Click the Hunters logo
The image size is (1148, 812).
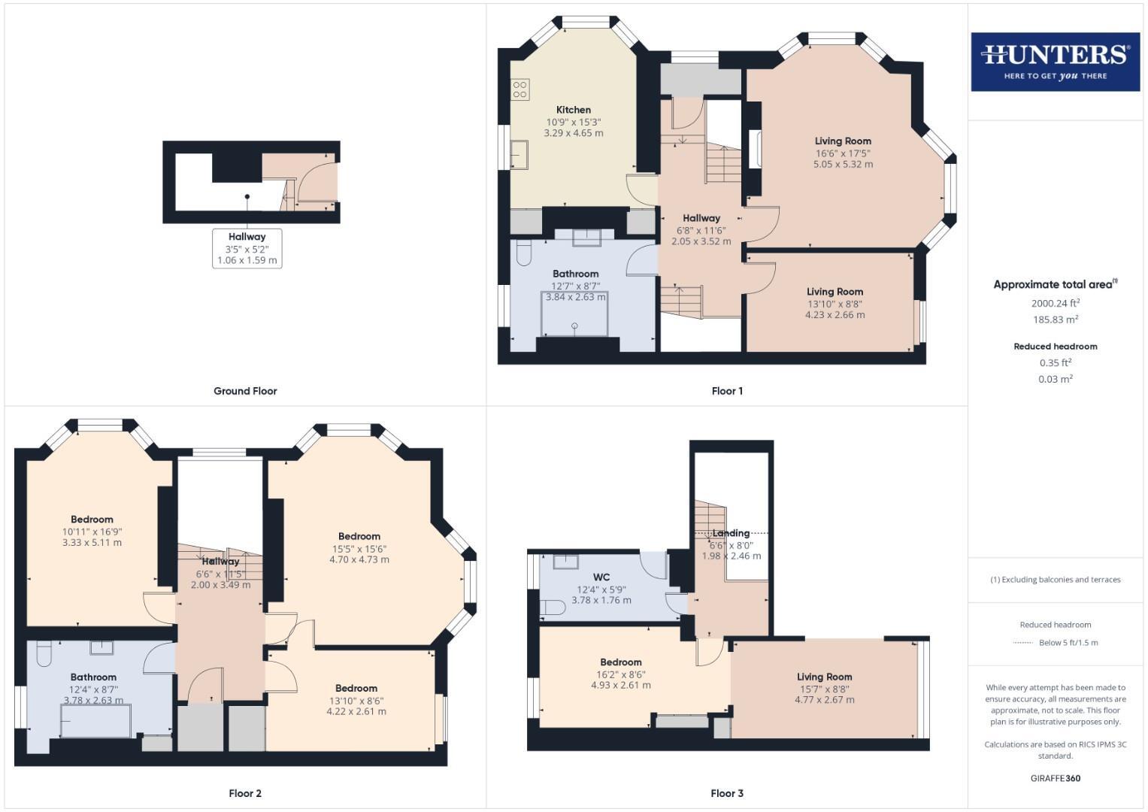tap(1055, 62)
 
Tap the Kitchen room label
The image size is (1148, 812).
tap(574, 110)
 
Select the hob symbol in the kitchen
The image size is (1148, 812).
tap(520, 89)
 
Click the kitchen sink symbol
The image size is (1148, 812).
tap(519, 155)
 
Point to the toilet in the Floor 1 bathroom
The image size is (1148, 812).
tap(525, 251)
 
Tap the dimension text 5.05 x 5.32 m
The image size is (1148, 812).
tap(843, 164)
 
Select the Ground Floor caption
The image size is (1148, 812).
tap(245, 391)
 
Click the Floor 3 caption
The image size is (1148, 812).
tap(727, 793)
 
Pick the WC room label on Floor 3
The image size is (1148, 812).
tap(601, 577)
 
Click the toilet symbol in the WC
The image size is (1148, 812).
tap(553, 607)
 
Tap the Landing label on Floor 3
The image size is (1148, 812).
tap(731, 533)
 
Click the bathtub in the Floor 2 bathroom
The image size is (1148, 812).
tap(96, 720)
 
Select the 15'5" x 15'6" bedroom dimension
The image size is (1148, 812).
tap(359, 548)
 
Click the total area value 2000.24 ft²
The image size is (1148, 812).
tap(1056, 303)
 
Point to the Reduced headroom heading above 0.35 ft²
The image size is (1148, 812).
tap(1056, 347)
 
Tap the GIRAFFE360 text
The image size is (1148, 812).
tap(1056, 778)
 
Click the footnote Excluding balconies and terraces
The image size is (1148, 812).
tap(1056, 580)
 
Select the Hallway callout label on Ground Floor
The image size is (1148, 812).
tap(247, 237)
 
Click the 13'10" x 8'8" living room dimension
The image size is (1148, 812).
tap(834, 304)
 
